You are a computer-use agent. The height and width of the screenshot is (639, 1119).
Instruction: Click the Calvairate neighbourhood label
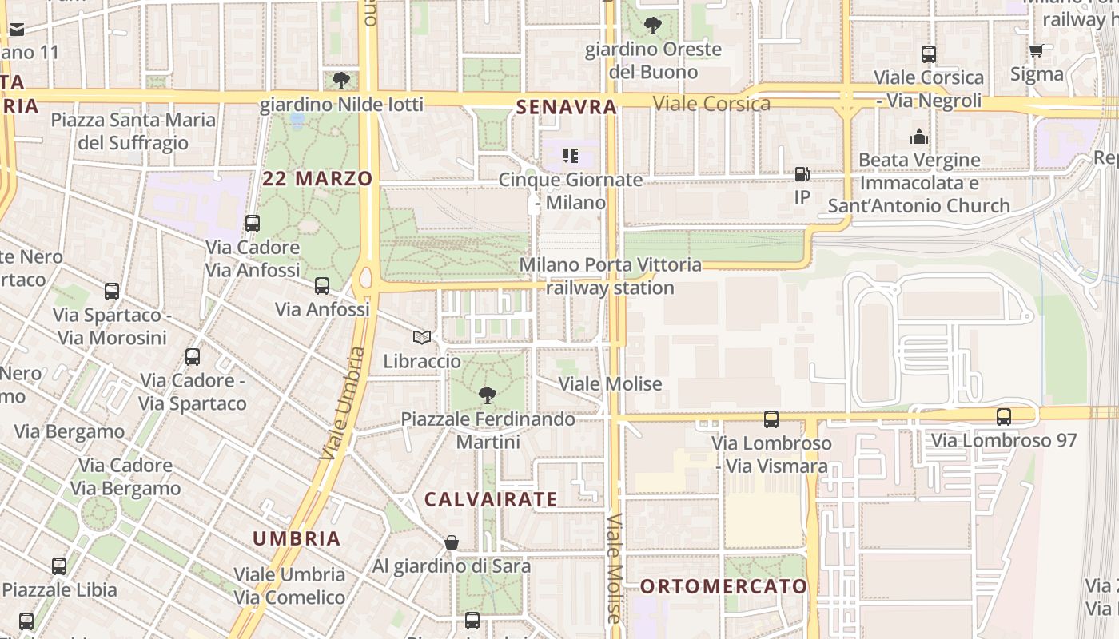coord(491,500)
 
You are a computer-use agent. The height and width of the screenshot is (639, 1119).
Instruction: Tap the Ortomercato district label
coord(724,586)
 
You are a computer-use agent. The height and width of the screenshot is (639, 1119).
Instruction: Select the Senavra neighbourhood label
coord(567,107)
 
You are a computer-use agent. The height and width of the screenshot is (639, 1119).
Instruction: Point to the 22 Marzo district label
coord(317,178)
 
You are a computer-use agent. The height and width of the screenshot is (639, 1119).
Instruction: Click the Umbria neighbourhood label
coord(297,538)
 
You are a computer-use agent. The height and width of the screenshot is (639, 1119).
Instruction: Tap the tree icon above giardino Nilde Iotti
coord(340,80)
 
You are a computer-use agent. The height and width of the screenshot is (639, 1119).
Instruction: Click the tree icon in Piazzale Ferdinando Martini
coord(487,395)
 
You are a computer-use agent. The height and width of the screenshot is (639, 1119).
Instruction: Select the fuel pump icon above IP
coord(802,173)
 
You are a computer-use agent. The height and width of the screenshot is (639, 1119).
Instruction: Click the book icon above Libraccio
coord(421,338)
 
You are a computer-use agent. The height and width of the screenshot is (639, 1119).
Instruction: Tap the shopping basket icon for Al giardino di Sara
coord(452,542)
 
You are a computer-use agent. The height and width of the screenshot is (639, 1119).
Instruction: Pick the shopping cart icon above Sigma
coord(1036,50)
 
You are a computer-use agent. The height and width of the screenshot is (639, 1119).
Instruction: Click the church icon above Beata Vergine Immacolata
coord(918,137)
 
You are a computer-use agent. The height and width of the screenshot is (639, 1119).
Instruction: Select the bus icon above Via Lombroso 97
coord(1003,416)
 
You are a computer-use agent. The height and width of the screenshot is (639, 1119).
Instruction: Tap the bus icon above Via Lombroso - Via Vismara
coord(771,419)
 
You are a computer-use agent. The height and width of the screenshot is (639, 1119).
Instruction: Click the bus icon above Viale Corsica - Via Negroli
coord(928,54)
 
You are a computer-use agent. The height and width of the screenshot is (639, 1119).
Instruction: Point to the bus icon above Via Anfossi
coord(322,285)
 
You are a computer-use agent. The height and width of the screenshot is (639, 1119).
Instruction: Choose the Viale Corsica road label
coord(711,103)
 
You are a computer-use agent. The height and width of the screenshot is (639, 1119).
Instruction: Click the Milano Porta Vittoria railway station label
coord(611,276)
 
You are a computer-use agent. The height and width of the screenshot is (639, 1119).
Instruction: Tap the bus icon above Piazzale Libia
coord(59,566)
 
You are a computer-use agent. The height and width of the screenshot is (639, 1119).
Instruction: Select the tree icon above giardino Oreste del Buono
coord(653,26)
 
